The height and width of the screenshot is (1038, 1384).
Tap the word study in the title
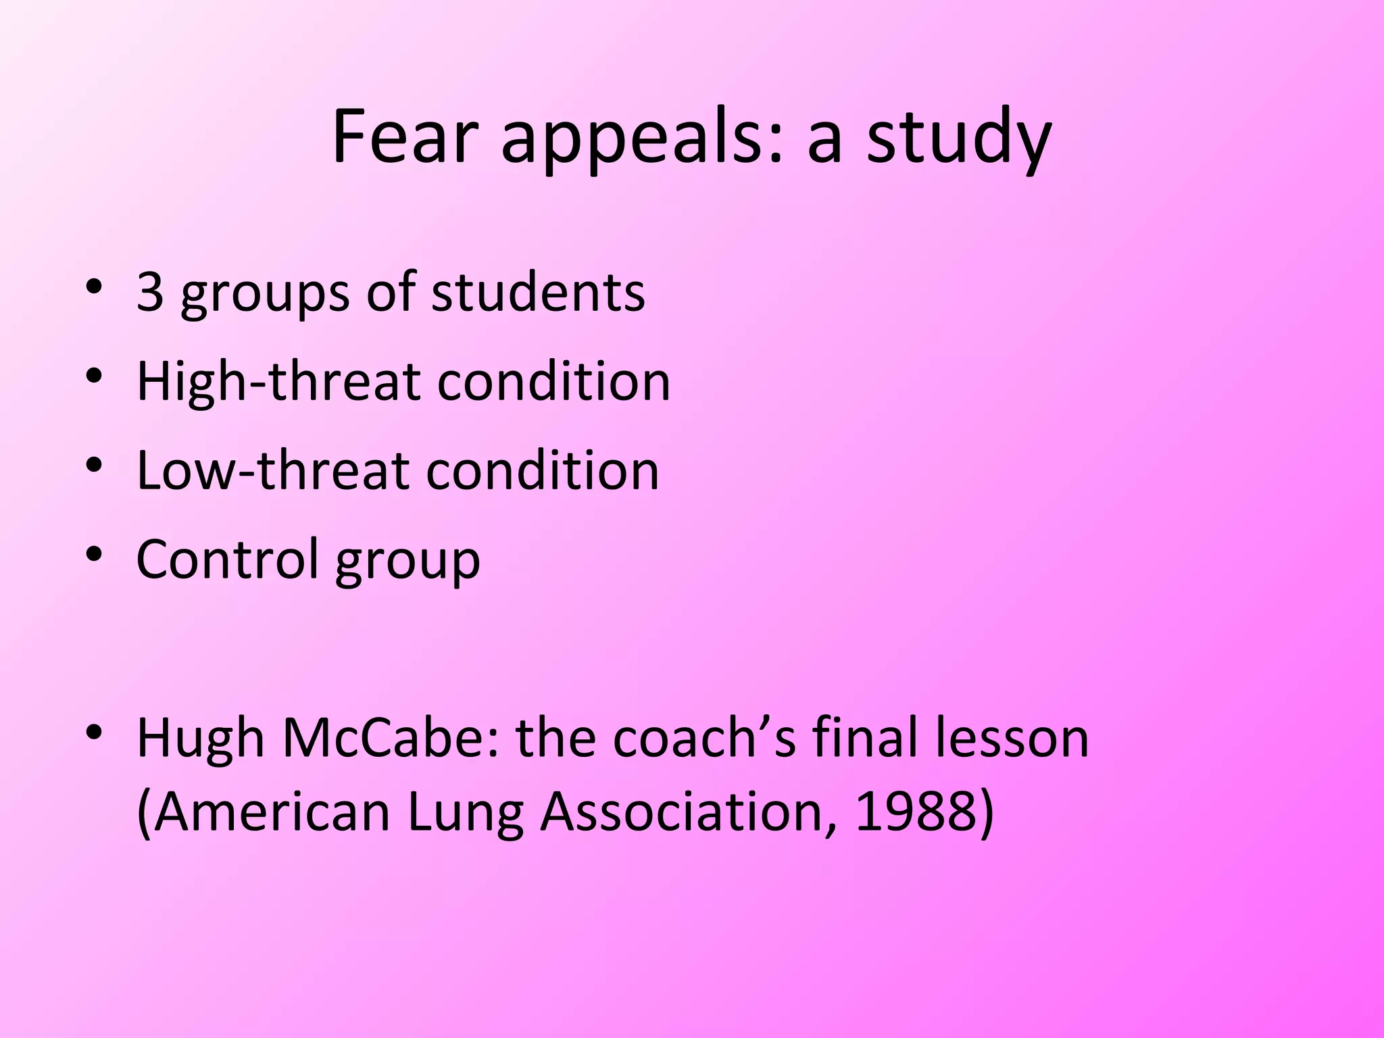pos(959,140)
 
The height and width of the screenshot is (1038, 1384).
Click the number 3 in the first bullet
pos(150,293)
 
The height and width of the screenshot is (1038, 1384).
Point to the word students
pos(538,293)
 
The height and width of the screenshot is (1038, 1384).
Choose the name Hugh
pos(201,739)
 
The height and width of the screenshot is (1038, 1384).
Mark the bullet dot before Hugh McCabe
pos(94,733)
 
